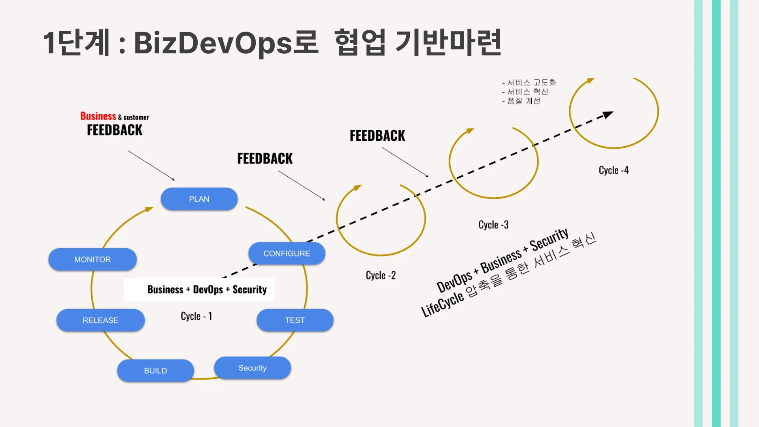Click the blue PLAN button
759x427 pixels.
click(199, 199)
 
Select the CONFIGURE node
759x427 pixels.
click(287, 253)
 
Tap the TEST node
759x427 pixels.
click(295, 320)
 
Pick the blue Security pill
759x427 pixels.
click(252, 368)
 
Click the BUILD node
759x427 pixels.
click(155, 371)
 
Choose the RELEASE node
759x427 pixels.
click(100, 320)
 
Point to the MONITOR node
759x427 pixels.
click(93, 259)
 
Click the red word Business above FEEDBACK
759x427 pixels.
click(98, 116)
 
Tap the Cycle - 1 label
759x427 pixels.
click(196, 316)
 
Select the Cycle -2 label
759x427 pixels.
click(381, 275)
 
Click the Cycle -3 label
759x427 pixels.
click(493, 225)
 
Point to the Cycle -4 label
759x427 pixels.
click(614, 170)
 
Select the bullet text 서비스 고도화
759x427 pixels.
click(531, 82)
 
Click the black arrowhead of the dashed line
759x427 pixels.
click(608, 115)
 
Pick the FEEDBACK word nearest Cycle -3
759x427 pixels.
click(377, 136)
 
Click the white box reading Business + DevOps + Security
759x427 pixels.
click(199, 290)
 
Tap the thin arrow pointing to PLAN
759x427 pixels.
click(151, 165)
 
